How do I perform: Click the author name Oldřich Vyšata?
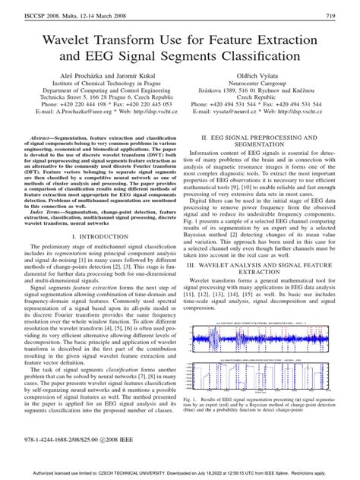coord(269,78)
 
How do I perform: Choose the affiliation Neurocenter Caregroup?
coord(269,88)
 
